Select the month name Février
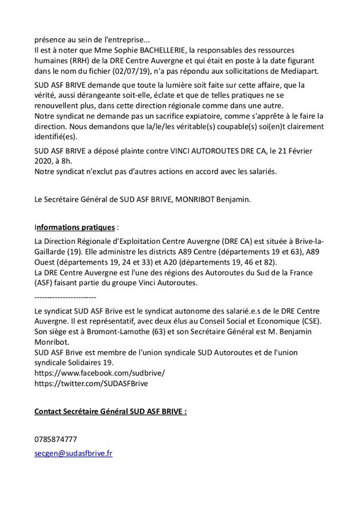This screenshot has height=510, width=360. [x=298, y=151]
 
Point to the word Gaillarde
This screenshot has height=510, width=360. [x=52, y=252]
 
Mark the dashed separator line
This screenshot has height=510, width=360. [x=65, y=296]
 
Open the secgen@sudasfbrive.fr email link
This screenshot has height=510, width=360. [x=73, y=453]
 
